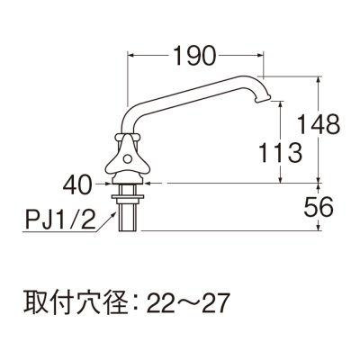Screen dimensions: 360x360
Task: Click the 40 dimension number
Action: (78, 186)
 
